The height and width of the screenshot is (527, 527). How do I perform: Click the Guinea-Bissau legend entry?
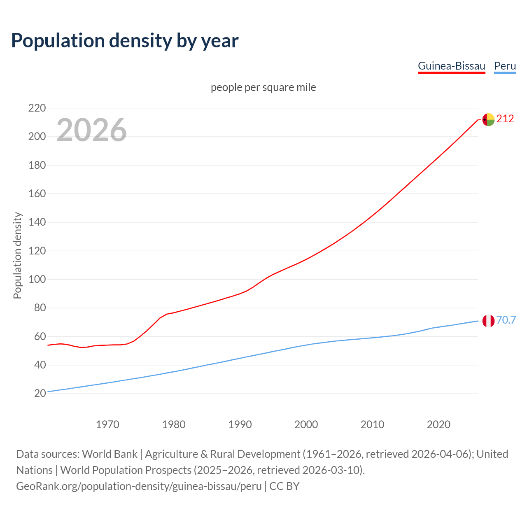click(451, 66)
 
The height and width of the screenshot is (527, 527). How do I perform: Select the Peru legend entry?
click(505, 66)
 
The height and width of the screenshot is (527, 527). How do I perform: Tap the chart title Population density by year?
click(125, 41)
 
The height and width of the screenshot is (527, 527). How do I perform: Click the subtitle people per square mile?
click(263, 87)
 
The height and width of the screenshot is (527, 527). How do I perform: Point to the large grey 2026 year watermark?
click(91, 130)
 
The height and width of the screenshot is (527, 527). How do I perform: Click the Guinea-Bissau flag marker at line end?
click(488, 119)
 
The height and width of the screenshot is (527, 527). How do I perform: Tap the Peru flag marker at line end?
click(488, 321)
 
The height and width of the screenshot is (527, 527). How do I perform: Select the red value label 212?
click(505, 119)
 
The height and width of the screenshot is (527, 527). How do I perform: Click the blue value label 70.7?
click(506, 320)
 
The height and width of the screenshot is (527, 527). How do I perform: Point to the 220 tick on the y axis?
click(37, 108)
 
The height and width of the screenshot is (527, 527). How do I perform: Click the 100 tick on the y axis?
click(37, 280)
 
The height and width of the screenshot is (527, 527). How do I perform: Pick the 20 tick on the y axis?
click(40, 394)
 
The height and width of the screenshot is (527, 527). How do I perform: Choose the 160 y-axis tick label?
click(37, 194)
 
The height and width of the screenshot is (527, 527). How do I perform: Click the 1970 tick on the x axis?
click(107, 424)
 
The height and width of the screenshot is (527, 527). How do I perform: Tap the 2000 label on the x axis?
click(306, 424)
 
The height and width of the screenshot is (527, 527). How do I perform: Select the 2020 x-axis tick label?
click(438, 424)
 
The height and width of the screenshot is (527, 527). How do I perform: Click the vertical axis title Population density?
click(17, 255)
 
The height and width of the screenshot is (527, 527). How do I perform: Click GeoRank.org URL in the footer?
click(139, 486)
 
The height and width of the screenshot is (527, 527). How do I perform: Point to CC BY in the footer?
click(284, 486)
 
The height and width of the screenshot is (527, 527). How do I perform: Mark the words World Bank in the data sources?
click(110, 454)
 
